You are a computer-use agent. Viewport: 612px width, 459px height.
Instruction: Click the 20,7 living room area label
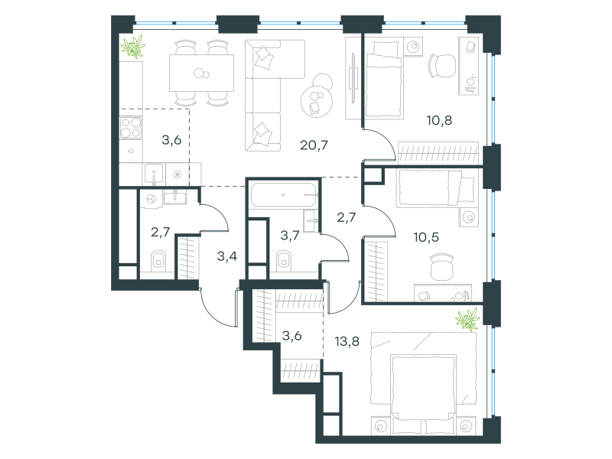314,145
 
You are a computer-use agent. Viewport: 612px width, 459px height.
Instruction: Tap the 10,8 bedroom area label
439,121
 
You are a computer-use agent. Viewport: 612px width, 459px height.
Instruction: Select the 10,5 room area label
426,237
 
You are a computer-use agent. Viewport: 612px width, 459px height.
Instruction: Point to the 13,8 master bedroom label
347,342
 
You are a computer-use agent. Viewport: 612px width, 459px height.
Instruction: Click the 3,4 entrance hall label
226,256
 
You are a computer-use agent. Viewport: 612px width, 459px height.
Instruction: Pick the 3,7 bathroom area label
290,236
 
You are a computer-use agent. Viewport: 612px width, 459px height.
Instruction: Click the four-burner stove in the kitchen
131,128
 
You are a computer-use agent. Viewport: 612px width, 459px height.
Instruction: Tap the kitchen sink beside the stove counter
154,174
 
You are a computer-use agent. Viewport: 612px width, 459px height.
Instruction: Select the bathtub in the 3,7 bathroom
284,194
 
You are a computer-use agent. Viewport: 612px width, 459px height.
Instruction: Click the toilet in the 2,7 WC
158,260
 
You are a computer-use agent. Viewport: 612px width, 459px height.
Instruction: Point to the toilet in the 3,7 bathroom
284,261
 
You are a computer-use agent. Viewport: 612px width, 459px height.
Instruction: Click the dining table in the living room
201,73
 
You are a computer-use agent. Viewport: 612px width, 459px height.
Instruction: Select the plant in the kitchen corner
133,47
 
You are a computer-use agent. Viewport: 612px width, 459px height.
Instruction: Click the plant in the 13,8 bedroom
467,319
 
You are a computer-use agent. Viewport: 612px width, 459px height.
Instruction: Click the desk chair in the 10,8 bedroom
443,66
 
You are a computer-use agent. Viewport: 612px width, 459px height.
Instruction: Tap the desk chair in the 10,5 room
441,267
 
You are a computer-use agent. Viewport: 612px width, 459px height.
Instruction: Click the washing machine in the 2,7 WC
151,199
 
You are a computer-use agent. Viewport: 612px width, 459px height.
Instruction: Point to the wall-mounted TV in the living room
353,78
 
